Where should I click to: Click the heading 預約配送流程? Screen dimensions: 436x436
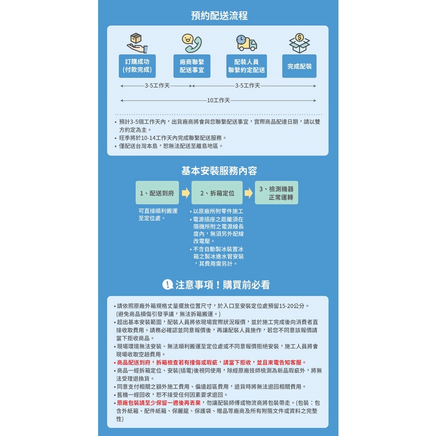(219, 15)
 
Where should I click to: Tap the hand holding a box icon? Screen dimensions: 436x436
(137, 43)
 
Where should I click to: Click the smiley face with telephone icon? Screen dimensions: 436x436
(192, 43)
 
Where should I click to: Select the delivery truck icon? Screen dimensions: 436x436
(246, 43)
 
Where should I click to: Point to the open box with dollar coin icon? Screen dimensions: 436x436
(299, 43)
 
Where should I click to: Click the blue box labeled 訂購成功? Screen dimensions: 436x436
(137, 66)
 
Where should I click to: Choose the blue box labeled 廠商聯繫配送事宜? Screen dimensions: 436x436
(192, 66)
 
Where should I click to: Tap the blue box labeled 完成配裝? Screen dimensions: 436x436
(299, 66)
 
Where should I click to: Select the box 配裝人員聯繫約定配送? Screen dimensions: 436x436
(247, 66)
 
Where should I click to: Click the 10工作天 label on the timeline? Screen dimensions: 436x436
(219, 100)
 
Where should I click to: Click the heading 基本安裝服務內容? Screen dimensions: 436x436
(219, 171)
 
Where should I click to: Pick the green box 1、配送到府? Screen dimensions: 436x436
(157, 193)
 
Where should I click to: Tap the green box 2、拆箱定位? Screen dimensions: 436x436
(217, 193)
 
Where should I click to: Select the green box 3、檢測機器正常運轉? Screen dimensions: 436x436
(276, 193)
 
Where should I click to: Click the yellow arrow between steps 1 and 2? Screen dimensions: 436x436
(185, 193)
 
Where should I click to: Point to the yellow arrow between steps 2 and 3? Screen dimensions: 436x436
(249, 193)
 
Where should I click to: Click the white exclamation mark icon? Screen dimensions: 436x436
(167, 284)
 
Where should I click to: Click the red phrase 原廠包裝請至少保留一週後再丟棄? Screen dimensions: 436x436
(159, 403)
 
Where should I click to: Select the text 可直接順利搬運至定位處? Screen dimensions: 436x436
(158, 214)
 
